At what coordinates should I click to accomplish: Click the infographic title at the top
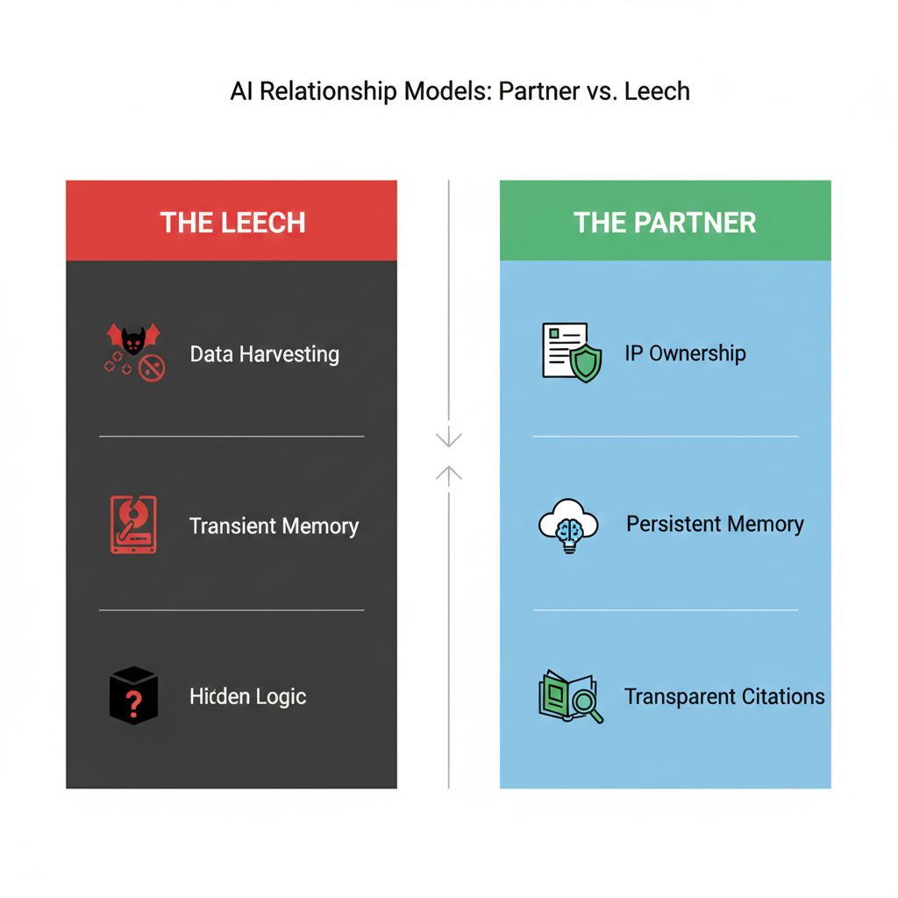click(460, 91)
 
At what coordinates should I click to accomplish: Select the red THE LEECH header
click(232, 220)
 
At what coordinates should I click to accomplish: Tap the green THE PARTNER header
click(665, 220)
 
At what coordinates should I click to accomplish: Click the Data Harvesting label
click(265, 354)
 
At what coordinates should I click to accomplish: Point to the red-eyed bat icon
click(133, 339)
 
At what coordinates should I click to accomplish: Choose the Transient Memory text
click(274, 526)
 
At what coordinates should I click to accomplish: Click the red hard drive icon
click(133, 524)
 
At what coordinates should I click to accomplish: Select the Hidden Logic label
click(248, 696)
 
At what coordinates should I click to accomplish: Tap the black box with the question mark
click(133, 695)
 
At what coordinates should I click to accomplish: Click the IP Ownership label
click(686, 353)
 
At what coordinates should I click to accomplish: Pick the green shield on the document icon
click(586, 363)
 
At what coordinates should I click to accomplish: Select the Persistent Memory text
click(716, 524)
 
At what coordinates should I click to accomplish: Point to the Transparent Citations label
click(724, 696)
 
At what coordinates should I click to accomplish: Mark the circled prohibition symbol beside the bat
click(152, 367)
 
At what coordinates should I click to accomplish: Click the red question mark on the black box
click(133, 704)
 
